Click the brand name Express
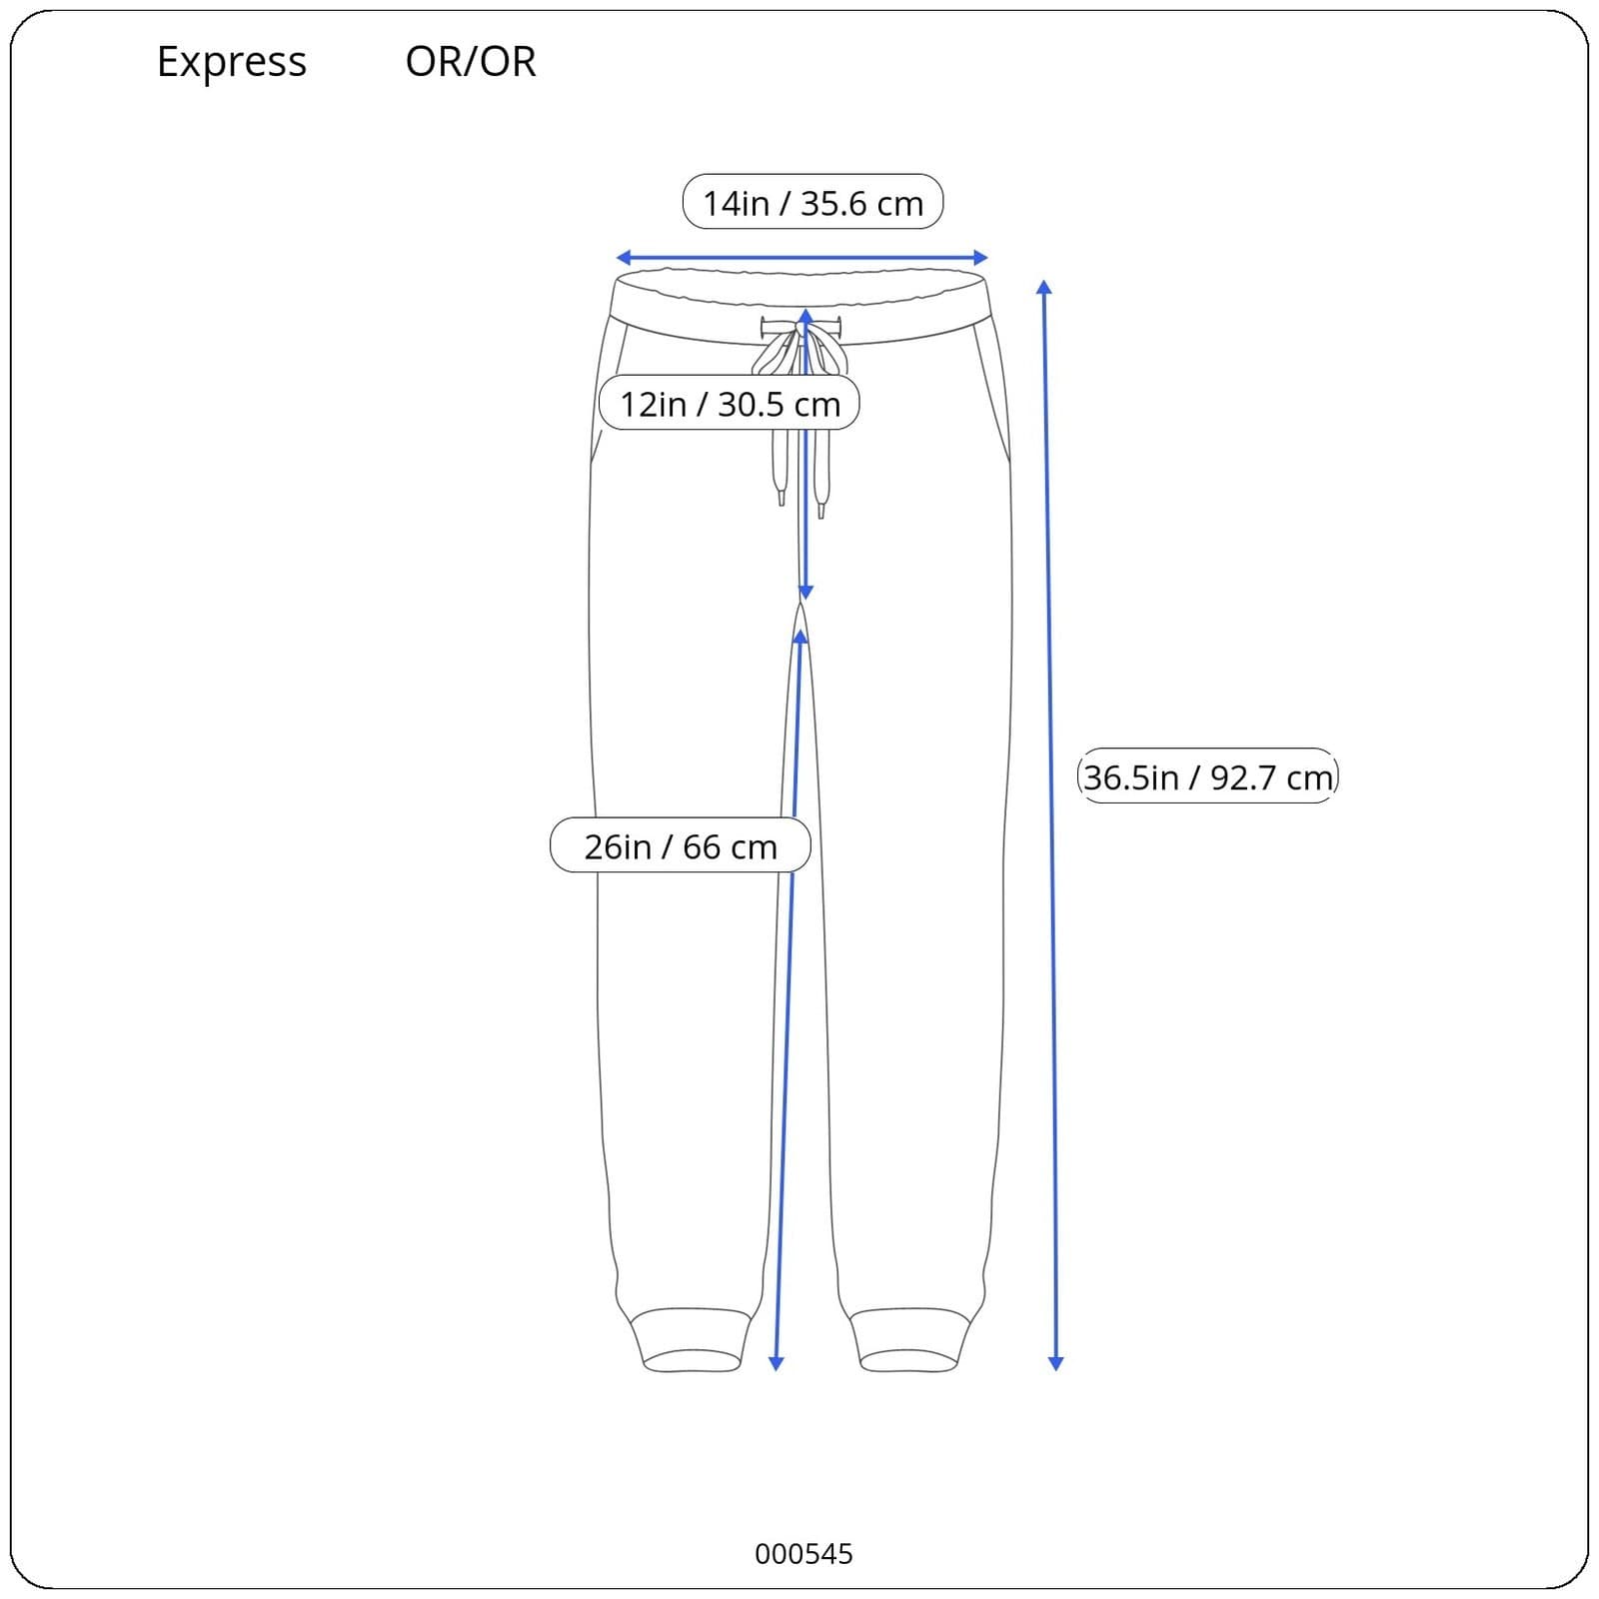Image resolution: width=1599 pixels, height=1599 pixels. point(232,63)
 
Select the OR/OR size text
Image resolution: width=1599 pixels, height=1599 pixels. point(471,62)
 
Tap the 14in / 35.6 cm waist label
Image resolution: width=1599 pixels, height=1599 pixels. point(812,202)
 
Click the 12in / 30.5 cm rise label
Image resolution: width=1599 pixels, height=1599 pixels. point(730,403)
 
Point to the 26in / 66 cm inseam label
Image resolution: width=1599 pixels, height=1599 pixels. point(681,845)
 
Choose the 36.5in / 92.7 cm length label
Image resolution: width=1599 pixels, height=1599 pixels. point(1208,777)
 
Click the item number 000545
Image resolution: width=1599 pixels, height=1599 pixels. point(803,1554)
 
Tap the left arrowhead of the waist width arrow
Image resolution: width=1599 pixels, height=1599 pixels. point(623,258)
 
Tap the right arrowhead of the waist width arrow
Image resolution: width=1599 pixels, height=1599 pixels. point(980,258)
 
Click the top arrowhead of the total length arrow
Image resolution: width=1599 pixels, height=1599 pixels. point(1043,288)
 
